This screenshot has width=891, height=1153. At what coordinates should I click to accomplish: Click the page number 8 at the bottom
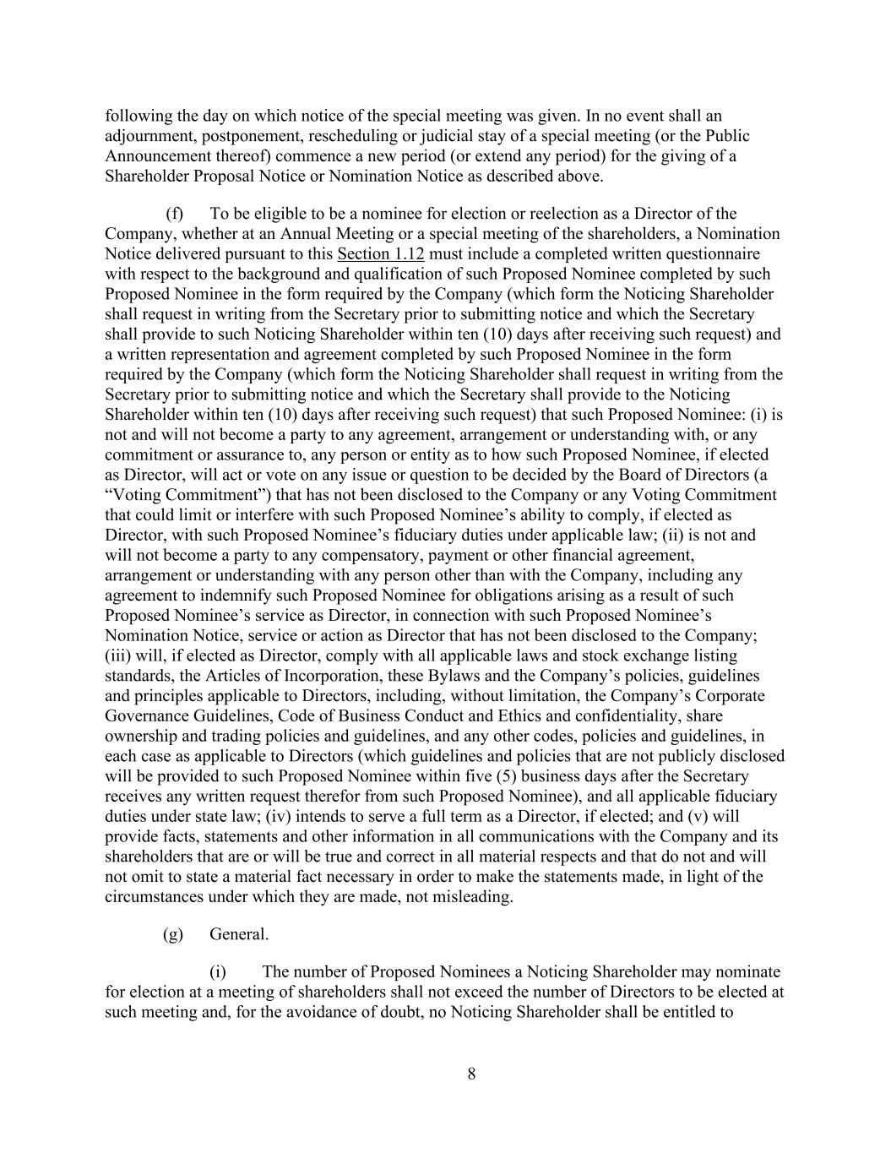click(x=471, y=1074)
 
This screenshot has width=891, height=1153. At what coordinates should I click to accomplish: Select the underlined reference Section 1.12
click(x=380, y=254)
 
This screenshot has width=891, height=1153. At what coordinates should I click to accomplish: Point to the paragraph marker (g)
click(x=173, y=934)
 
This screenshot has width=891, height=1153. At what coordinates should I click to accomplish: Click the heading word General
click(x=239, y=934)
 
